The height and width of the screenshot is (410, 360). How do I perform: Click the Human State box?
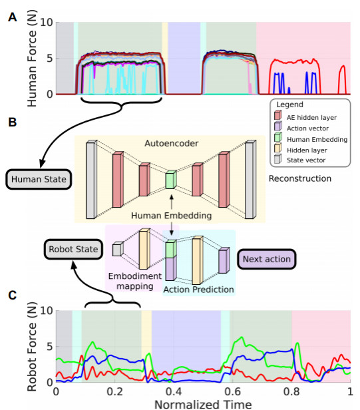pyautogui.click(x=39, y=180)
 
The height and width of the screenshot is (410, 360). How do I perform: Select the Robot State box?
pyautogui.click(x=73, y=249)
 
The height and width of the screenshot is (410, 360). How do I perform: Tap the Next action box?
pyautogui.click(x=267, y=259)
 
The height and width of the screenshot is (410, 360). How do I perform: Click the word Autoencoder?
pyautogui.click(x=172, y=143)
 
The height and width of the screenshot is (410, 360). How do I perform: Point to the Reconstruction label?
pyautogui.click(x=300, y=178)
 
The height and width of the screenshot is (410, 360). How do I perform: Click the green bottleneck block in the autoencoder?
pyautogui.click(x=171, y=180)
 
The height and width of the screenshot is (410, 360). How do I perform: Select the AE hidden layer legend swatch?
pyautogui.click(x=277, y=115)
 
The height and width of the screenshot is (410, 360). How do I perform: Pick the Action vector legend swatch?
pyautogui.click(x=277, y=126)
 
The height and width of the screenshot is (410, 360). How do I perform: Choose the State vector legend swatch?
pyautogui.click(x=277, y=158)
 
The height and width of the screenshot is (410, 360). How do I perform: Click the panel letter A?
pyautogui.click(x=12, y=17)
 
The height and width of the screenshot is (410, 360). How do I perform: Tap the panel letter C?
pyautogui.click(x=12, y=296)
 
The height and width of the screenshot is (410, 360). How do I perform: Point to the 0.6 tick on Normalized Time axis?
pyautogui.click(x=233, y=391)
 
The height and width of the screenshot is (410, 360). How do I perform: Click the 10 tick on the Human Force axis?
pyautogui.click(x=47, y=23)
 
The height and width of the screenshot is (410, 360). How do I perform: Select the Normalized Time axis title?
pyautogui.click(x=203, y=404)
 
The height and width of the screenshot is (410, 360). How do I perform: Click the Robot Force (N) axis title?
pyautogui.click(x=32, y=347)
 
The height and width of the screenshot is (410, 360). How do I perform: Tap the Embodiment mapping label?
pyautogui.click(x=135, y=281)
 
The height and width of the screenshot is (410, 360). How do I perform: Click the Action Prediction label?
pyautogui.click(x=198, y=290)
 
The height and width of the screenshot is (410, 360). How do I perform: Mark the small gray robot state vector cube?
pyautogui.click(x=118, y=249)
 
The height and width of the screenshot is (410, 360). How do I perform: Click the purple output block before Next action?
pyautogui.click(x=224, y=260)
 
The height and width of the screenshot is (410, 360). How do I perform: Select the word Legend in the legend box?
pyautogui.click(x=289, y=104)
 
